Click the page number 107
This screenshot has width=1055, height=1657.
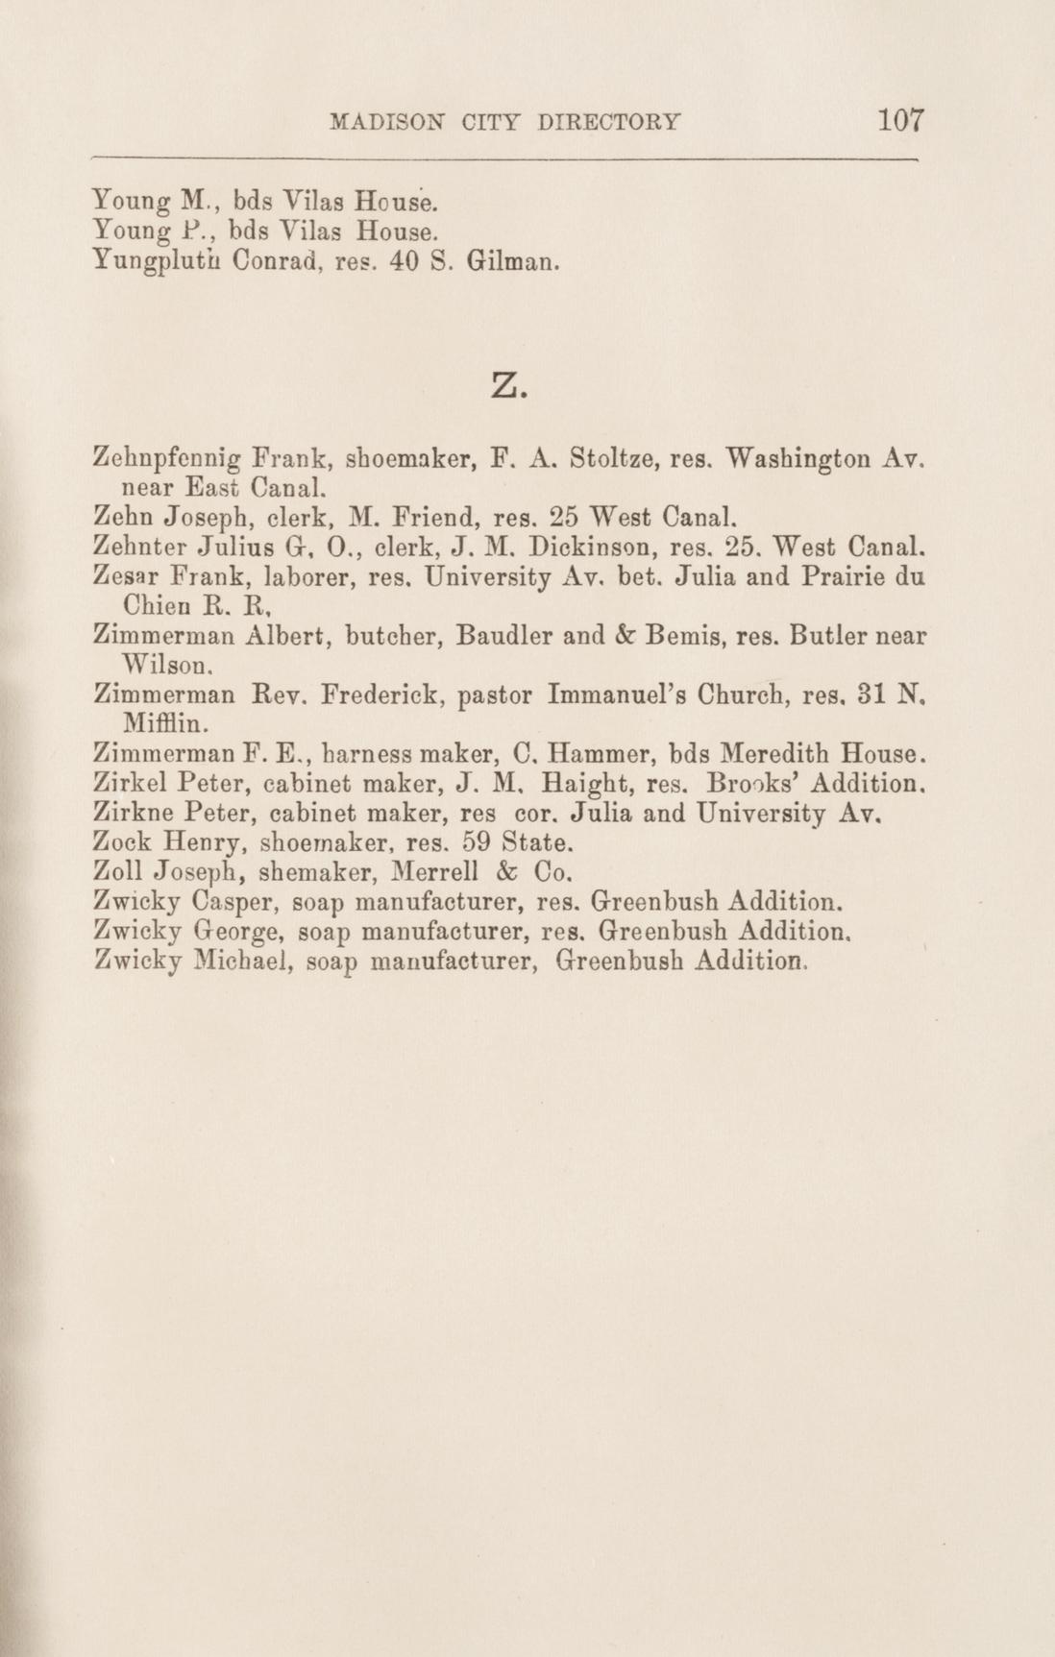[899, 121]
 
